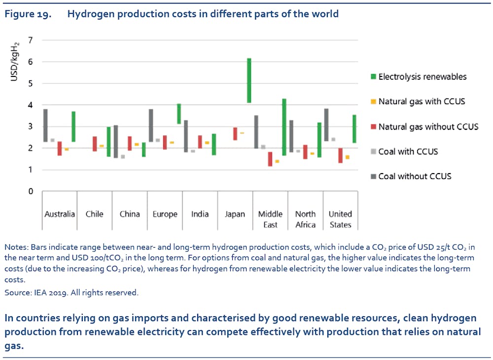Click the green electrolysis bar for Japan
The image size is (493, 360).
pyautogui.click(x=249, y=80)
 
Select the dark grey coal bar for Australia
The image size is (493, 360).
pyautogui.click(x=45, y=125)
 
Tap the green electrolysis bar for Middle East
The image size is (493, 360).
pyautogui.click(x=284, y=127)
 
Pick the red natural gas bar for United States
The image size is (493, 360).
pyautogui.click(x=340, y=155)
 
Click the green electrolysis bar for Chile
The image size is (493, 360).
pyautogui.click(x=108, y=142)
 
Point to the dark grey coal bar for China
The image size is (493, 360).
pyautogui.click(x=115, y=142)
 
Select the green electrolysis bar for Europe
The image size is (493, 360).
pyautogui.click(x=179, y=113)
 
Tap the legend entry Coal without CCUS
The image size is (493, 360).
pyautogui.click(x=415, y=176)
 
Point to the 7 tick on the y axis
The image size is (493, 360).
pyautogui.click(x=31, y=40)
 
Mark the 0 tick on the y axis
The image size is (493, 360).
pyautogui.click(x=31, y=191)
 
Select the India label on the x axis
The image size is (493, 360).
pyautogui.click(x=200, y=214)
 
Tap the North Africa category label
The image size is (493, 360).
pyautogui.click(x=305, y=219)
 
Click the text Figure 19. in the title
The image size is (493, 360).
pyautogui.click(x=27, y=14)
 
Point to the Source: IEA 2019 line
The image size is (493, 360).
pyautogui.click(x=71, y=292)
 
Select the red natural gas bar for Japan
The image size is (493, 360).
pyautogui.click(x=235, y=134)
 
